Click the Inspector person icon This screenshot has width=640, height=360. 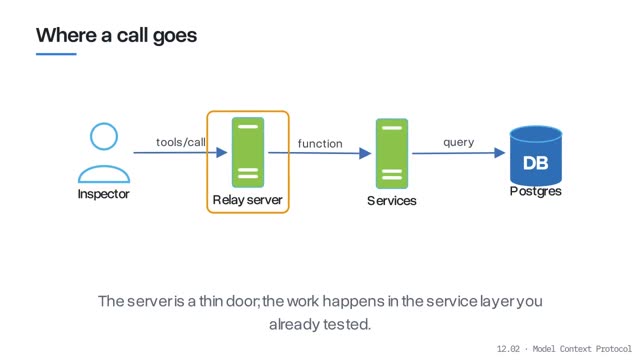(104, 153)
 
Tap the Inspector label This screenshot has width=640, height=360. (104, 194)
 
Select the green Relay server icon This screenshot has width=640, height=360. (248, 152)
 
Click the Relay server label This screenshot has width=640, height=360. (247, 200)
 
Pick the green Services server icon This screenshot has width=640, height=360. (392, 153)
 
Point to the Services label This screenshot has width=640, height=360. (392, 201)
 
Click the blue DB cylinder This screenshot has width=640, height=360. (536, 156)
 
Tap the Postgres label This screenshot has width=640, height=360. (536, 191)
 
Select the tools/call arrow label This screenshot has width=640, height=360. (181, 142)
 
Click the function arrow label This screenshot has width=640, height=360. (320, 144)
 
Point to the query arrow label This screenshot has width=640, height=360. (459, 142)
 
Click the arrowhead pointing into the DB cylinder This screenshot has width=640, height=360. (500, 153)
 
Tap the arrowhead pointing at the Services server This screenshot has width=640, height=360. (365, 153)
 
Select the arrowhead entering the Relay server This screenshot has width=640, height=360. (222, 153)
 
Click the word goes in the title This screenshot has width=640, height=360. (175, 36)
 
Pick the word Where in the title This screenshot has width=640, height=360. (66, 35)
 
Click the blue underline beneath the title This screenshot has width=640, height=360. (56, 54)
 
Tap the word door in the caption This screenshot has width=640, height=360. (242, 301)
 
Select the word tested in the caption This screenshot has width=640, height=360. (346, 324)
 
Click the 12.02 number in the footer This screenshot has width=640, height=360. (508, 349)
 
